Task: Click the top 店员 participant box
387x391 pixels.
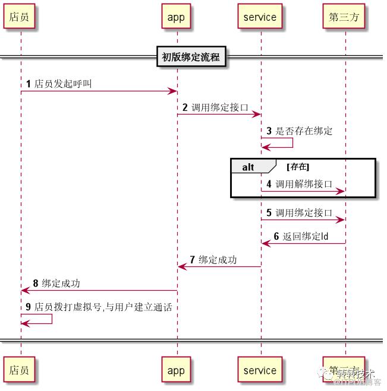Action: pyautogui.click(x=18, y=17)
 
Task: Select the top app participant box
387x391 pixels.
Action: pyautogui.click(x=176, y=17)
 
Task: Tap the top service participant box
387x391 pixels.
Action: pyautogui.click(x=260, y=17)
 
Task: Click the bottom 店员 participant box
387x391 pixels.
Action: pyautogui.click(x=18, y=370)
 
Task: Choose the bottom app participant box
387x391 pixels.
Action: pyautogui.click(x=176, y=370)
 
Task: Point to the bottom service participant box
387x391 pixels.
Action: pyautogui.click(x=260, y=370)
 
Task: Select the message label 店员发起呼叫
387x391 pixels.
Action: pyautogui.click(x=63, y=84)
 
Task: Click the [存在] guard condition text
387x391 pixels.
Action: pyautogui.click(x=298, y=167)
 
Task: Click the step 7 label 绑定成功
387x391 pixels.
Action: pyautogui.click(x=218, y=260)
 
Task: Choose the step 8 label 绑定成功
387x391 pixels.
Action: pyautogui.click(x=61, y=284)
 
